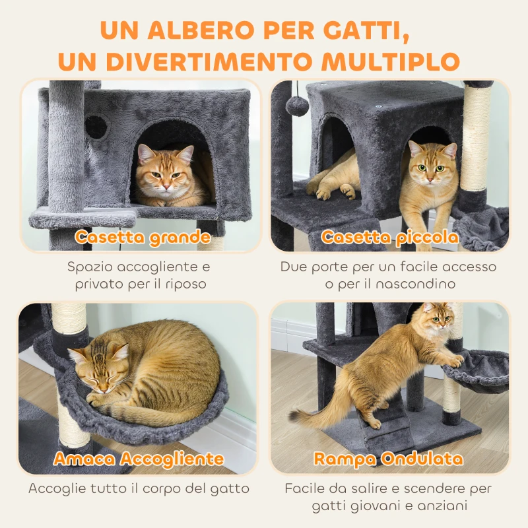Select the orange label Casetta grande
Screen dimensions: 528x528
[x=143, y=237]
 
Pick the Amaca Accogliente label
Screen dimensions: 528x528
[x=139, y=459]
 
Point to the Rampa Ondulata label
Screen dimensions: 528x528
[x=388, y=459]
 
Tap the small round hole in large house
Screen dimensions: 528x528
[x=97, y=127]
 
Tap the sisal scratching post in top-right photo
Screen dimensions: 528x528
[x=476, y=139]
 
